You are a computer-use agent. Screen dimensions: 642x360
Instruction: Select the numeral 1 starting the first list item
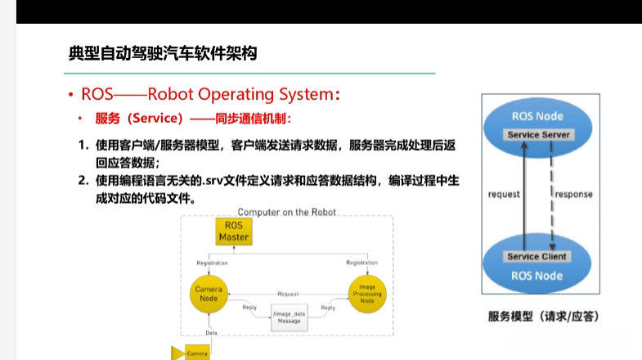point(83,145)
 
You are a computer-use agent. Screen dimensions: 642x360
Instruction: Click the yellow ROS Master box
point(233,232)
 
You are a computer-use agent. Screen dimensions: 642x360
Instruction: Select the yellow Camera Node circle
point(208,295)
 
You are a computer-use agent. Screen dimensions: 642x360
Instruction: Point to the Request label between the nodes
point(288,292)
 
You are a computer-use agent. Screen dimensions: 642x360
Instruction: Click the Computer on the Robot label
point(286,212)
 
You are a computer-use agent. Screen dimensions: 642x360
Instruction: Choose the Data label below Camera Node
point(211,333)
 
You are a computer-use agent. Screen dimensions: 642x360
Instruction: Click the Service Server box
point(538,134)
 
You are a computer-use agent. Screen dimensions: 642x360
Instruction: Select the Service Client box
point(536,256)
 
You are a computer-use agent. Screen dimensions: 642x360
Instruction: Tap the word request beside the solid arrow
point(504,195)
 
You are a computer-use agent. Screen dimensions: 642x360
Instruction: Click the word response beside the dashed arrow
point(574,195)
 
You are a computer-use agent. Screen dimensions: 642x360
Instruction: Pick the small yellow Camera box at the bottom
point(196,353)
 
